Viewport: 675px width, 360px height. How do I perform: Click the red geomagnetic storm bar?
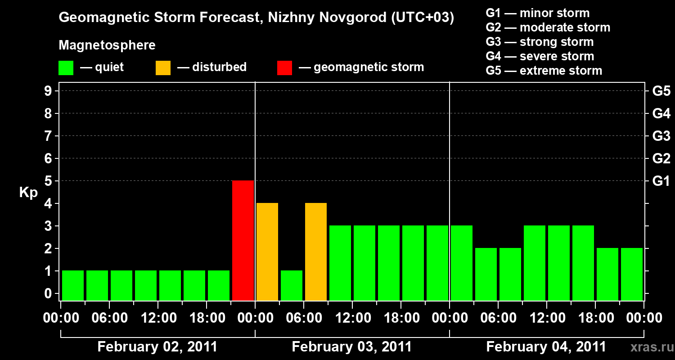coord(243,241)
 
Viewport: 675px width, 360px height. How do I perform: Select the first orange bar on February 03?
coord(267,252)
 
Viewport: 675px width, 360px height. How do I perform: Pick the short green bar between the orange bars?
coord(292,286)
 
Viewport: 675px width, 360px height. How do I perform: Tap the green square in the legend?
coord(66,68)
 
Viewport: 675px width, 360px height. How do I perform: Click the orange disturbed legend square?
coord(163,68)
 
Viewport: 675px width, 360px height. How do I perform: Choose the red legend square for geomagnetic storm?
coord(284,68)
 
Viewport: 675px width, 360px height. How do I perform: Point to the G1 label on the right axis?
coord(661,181)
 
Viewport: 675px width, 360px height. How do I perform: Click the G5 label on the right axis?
coord(661,91)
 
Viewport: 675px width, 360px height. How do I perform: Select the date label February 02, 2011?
coord(157,347)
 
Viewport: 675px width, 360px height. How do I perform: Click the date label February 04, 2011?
coord(546,347)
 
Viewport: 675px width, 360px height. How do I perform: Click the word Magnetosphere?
coord(107,45)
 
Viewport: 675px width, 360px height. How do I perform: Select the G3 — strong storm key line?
coord(540,42)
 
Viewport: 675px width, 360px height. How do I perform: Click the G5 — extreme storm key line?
coord(544,71)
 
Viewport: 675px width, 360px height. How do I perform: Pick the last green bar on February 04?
coord(632,274)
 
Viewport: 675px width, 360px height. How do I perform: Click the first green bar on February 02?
coord(73,286)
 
